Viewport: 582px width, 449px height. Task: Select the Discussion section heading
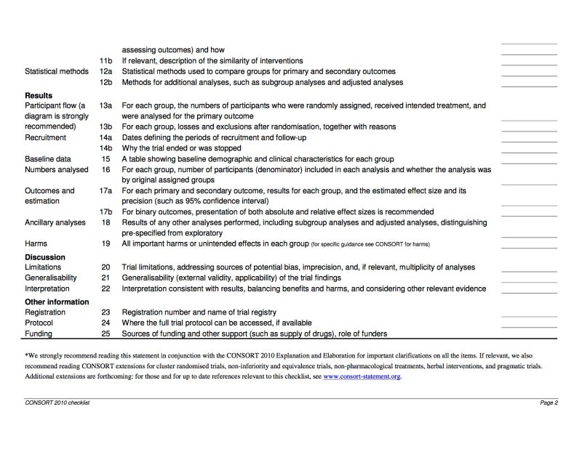45,257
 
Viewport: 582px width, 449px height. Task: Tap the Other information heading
57,302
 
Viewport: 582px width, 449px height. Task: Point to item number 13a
105,105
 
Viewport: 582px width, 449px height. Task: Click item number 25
105,334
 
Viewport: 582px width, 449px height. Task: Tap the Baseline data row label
48,158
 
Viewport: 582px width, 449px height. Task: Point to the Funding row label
39,334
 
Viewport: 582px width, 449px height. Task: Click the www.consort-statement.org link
362,377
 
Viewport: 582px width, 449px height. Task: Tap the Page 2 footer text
548,402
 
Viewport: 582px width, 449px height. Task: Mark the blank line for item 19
529,248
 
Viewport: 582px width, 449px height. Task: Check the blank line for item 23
529,316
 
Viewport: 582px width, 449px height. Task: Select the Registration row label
45,312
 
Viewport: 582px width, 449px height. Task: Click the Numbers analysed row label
57,169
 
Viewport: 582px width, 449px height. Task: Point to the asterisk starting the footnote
27,356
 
